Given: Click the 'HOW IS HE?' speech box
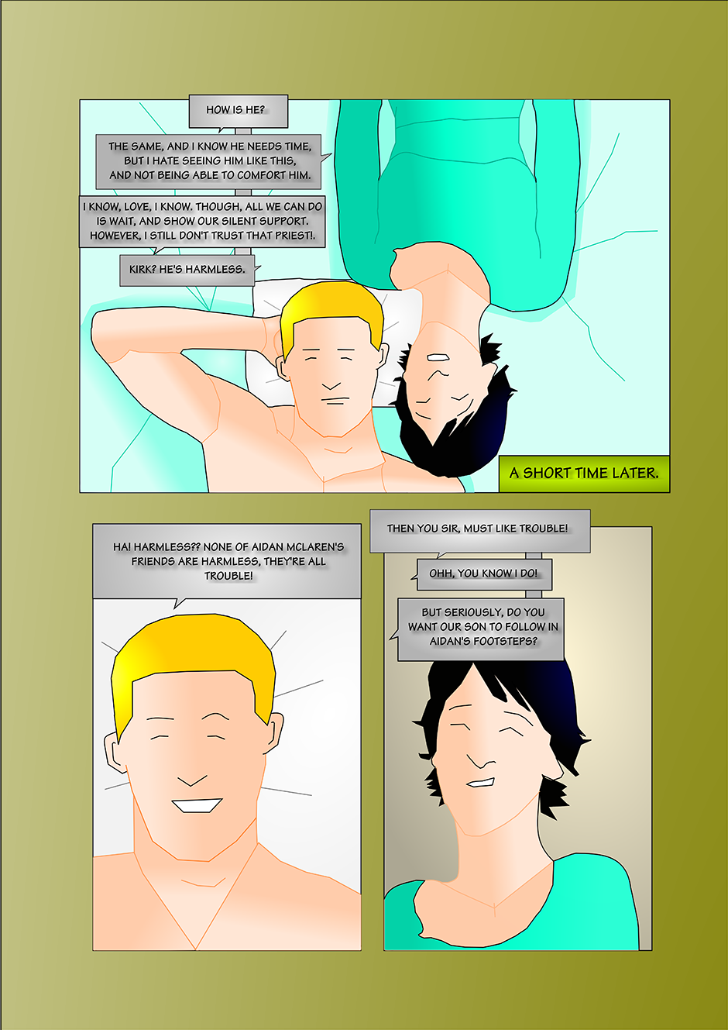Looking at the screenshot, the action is click(x=238, y=112).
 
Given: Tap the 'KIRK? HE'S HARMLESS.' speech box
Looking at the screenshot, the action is click(x=187, y=270).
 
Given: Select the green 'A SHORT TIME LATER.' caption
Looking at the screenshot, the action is click(x=584, y=474).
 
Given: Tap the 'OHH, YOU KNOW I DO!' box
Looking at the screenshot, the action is click(x=484, y=574).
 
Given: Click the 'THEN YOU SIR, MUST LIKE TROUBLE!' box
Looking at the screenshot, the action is click(x=480, y=531).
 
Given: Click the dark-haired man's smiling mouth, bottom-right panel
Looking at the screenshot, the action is click(x=480, y=783).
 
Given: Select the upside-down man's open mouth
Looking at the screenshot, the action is click(x=438, y=357).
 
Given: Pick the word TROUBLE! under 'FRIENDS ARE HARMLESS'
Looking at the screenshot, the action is click(x=228, y=576).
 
